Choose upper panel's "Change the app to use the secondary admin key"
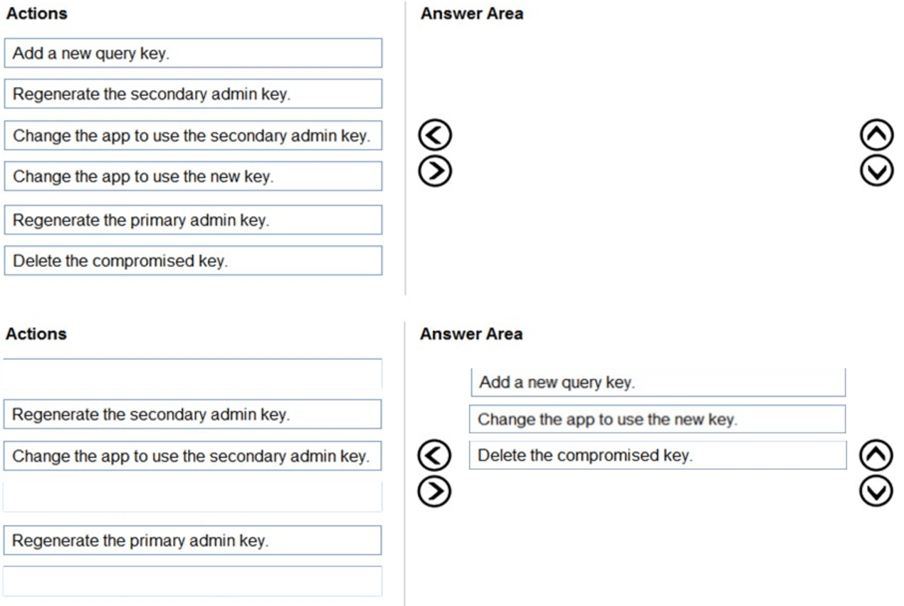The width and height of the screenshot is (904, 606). coord(192,135)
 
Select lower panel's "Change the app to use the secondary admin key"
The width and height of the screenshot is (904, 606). coord(192,456)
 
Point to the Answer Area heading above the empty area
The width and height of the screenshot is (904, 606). coord(471,14)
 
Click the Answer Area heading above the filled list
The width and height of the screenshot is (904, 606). coord(471,334)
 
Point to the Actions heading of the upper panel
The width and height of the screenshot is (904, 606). coord(36,14)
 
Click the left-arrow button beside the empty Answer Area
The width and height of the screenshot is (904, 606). coord(436,135)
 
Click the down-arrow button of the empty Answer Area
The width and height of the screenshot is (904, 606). coord(877,170)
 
